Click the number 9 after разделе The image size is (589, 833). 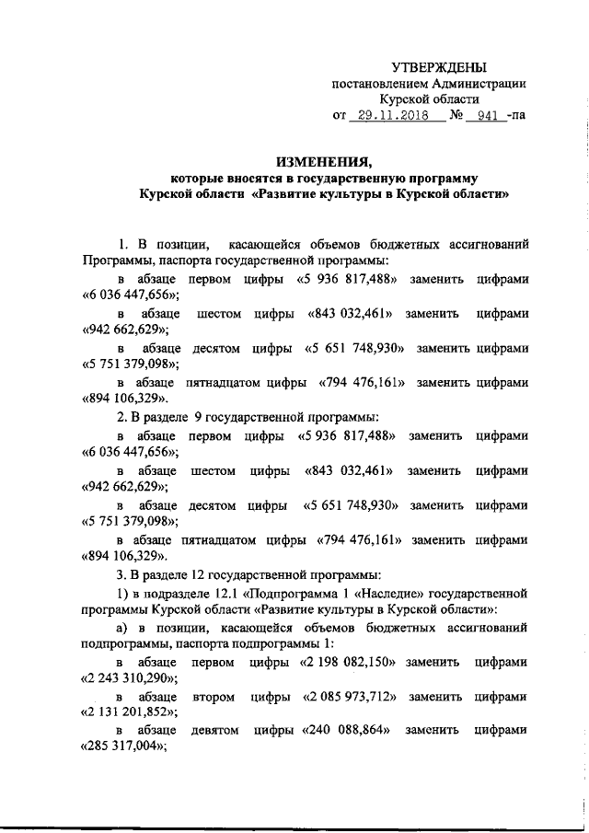pos(198,414)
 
